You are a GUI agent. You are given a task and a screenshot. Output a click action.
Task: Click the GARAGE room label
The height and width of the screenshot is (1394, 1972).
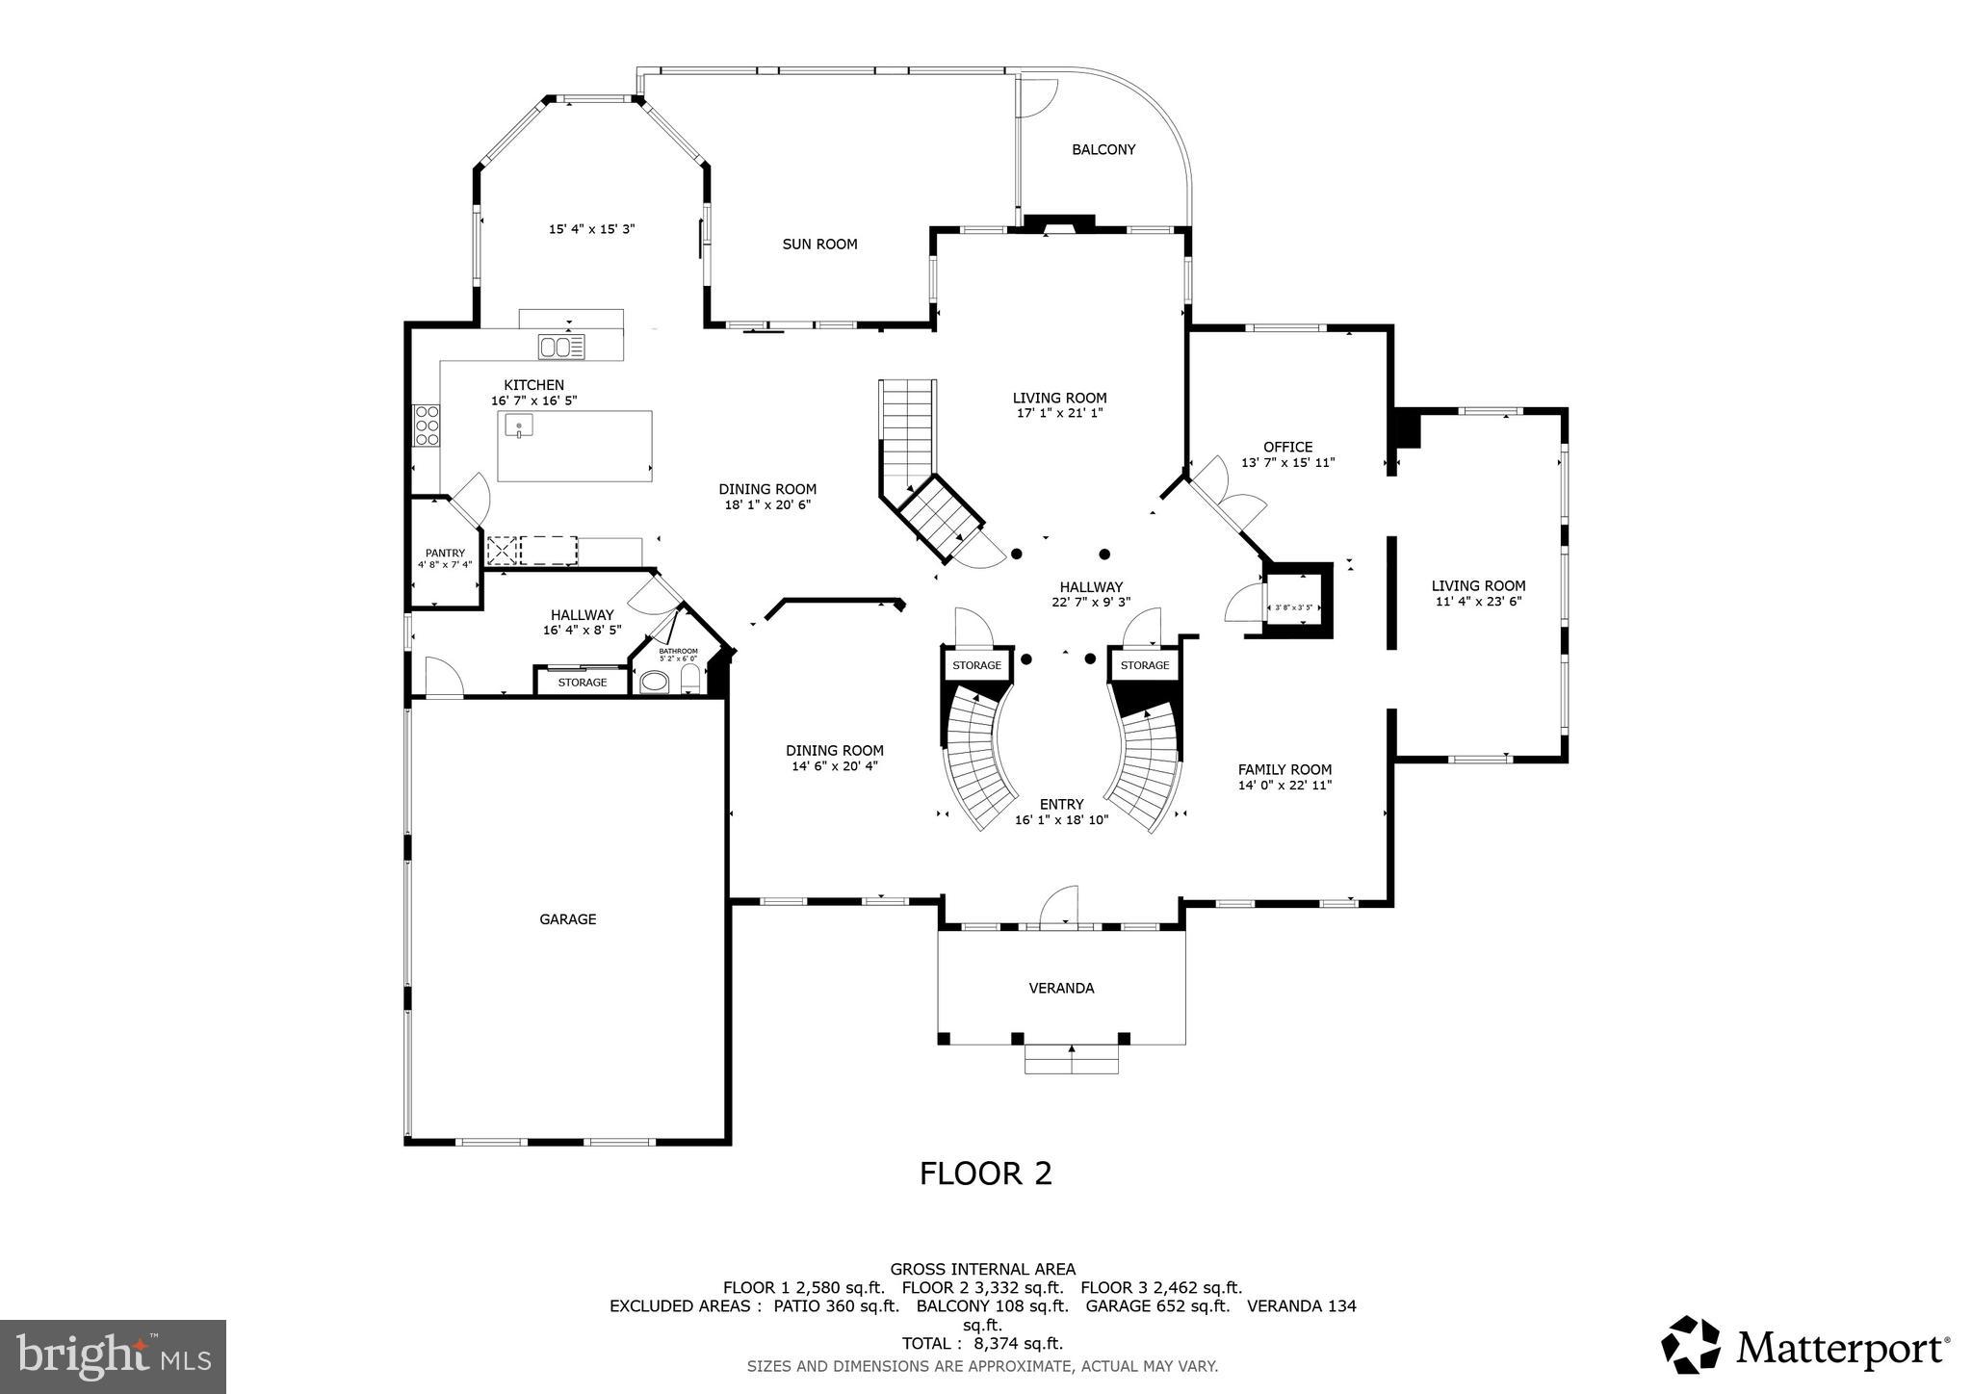point(567,919)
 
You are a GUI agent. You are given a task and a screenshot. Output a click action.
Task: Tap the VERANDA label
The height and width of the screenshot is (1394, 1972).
point(1061,988)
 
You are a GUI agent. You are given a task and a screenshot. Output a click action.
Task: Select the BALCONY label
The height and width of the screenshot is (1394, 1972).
point(1103,149)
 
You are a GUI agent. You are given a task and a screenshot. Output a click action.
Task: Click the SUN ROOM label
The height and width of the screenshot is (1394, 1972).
point(819,245)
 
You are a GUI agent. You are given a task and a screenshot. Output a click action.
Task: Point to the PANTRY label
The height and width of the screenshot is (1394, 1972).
point(445,553)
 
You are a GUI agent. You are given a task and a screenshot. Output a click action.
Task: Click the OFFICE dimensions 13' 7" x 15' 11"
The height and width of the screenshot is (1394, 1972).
point(1287,463)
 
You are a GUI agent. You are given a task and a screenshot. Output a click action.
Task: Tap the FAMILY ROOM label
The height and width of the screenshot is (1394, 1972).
point(1284,769)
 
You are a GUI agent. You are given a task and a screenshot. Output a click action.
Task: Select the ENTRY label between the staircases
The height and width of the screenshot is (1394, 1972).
point(1061,804)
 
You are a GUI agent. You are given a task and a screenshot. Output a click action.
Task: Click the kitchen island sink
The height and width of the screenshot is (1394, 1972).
point(519,426)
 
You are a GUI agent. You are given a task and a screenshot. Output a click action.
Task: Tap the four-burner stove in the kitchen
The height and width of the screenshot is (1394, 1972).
point(427,426)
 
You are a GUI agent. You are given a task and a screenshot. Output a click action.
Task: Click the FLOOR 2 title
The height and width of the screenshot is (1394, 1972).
point(985,1174)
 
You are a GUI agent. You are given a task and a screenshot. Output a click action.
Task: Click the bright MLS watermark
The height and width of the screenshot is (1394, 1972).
point(113,1356)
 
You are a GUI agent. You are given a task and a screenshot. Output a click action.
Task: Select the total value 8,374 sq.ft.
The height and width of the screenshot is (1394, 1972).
point(1018,1343)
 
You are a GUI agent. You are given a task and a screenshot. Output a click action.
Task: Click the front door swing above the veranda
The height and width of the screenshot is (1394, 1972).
point(1059,906)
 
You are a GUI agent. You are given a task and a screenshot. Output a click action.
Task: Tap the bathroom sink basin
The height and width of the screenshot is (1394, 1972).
point(655,684)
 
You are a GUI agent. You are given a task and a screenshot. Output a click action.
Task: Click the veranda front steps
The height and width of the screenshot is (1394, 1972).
point(1071,1060)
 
